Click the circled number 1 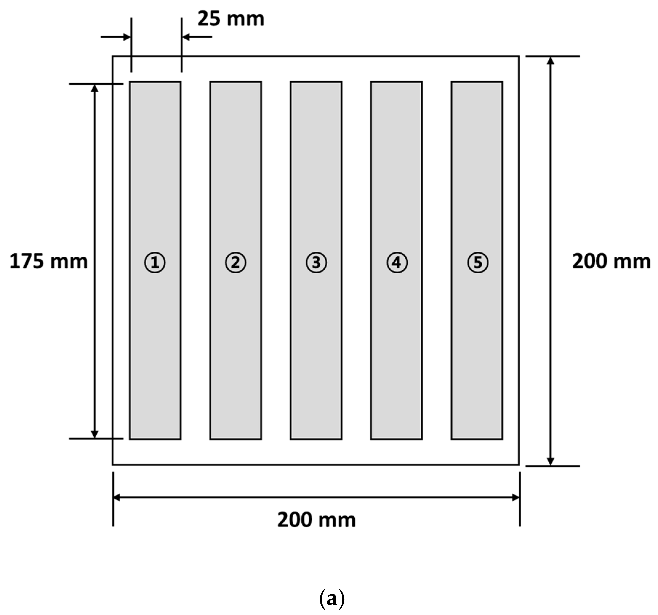155,263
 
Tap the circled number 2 235,263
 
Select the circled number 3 316,263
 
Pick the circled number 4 397,263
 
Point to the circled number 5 478,263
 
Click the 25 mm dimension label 231,19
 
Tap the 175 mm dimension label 49,262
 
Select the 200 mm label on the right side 611,262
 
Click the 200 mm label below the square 316,520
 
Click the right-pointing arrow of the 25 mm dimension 126,37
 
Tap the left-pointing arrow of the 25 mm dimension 186,37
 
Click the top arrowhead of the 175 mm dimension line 95,88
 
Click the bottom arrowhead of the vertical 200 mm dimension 550,461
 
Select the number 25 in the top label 209,19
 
